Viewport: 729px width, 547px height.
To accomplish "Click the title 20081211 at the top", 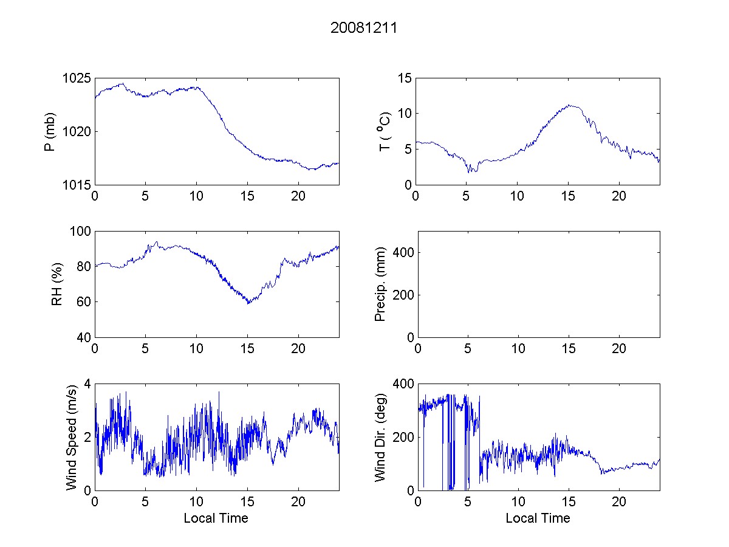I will [x=364, y=28].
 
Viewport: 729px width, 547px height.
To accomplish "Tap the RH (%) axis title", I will [x=57, y=284].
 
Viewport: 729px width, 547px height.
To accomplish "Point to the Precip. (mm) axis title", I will [x=381, y=284].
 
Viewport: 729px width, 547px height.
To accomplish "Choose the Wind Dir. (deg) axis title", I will [x=381, y=436].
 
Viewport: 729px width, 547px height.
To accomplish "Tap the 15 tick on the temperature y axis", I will [x=405, y=78].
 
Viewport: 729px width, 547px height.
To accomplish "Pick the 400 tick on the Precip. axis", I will [x=402, y=252].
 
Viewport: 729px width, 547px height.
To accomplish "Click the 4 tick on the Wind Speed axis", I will [x=87, y=384].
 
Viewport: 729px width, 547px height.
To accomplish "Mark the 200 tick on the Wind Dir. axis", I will [x=402, y=438].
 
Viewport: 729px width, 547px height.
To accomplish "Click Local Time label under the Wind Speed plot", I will [x=216, y=518].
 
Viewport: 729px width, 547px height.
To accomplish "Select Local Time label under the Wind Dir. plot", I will [x=538, y=518].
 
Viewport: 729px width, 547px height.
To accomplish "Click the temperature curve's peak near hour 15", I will [x=570, y=105].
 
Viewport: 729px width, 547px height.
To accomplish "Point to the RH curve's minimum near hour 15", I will [x=248, y=303].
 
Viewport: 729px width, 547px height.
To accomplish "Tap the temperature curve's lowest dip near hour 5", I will [x=469, y=172].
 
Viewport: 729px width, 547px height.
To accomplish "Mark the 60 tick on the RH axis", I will [x=84, y=302].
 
